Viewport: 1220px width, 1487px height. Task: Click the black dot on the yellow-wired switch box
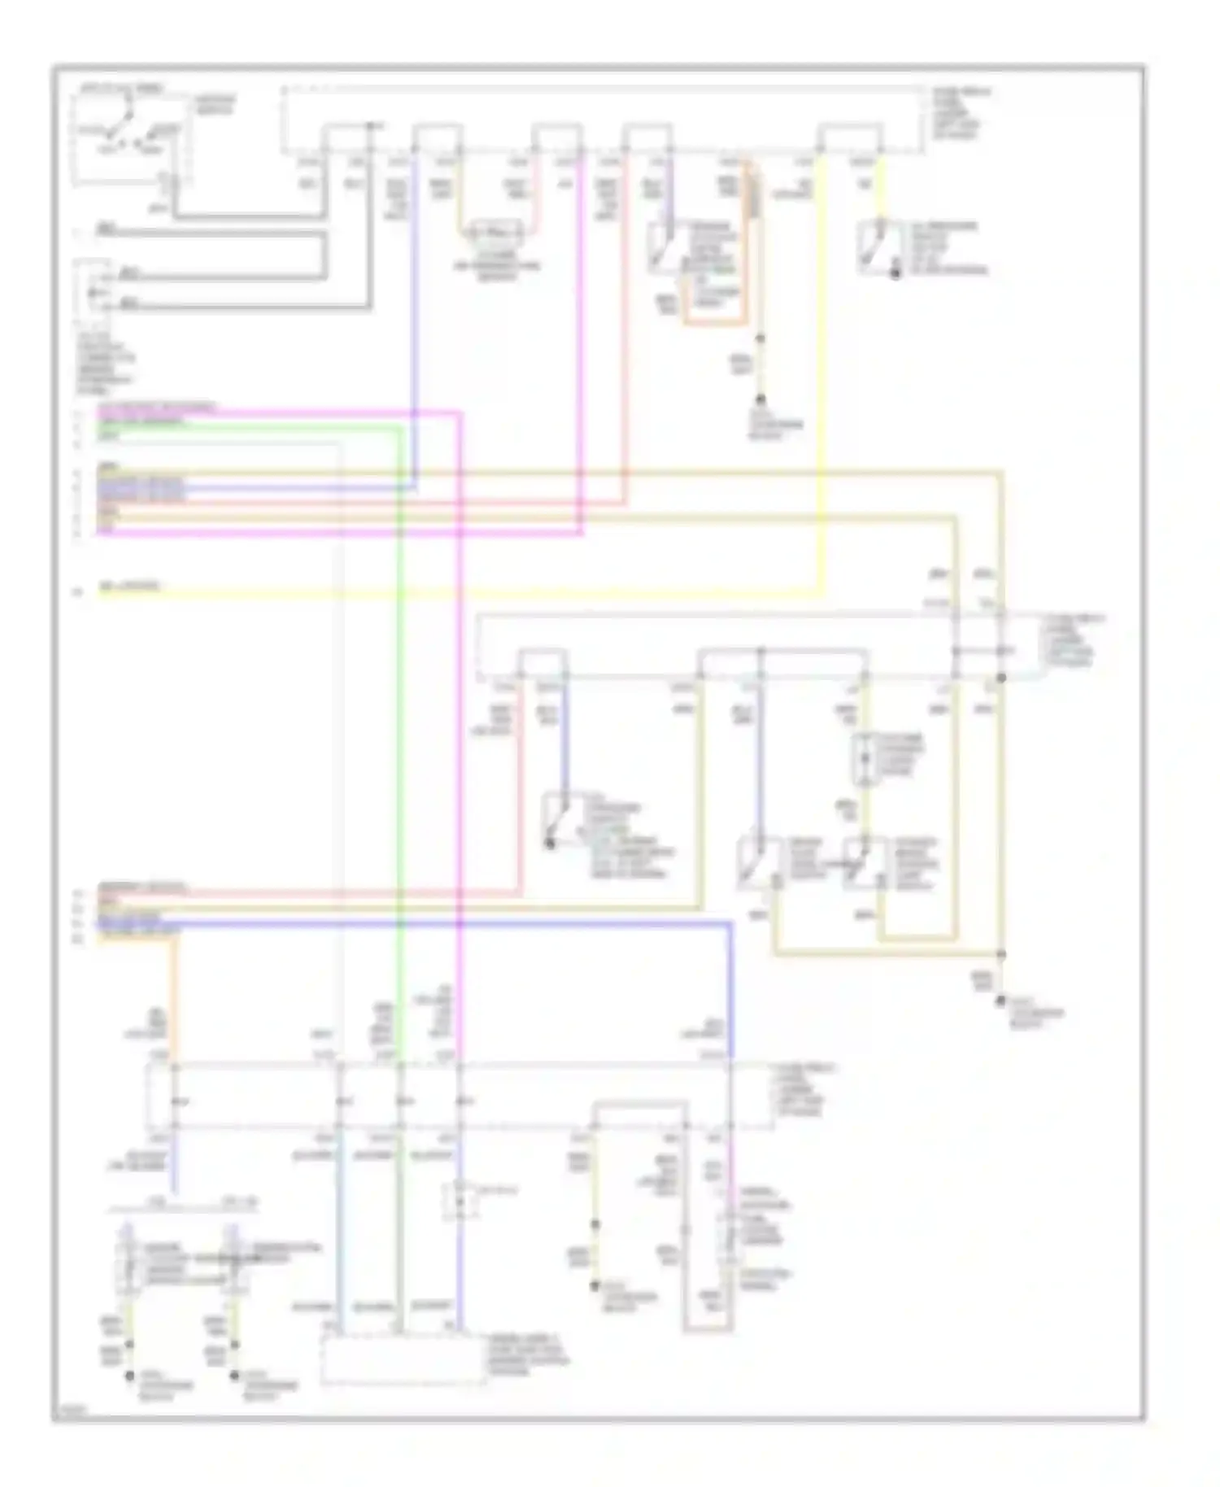(895, 274)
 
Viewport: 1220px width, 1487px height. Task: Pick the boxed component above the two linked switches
(864, 760)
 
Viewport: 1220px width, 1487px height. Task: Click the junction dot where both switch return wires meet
(1001, 954)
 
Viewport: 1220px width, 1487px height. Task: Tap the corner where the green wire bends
(399, 426)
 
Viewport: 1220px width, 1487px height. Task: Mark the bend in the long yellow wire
(822, 593)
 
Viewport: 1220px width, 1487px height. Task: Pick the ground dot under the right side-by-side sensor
(234, 1376)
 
